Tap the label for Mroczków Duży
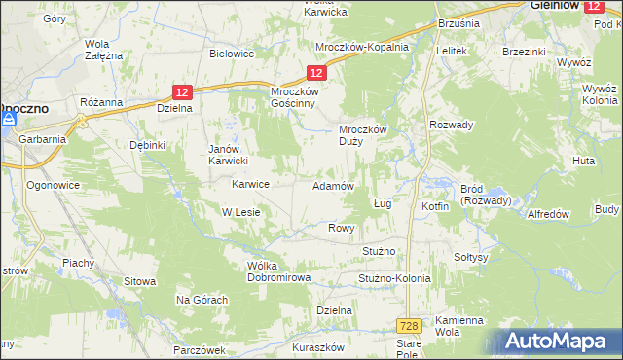pyautogui.click(x=363, y=136)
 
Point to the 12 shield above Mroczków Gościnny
pyautogui.click(x=316, y=73)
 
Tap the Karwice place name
pyautogui.click(x=250, y=183)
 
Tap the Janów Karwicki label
pyautogui.click(x=231, y=155)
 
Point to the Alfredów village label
pyautogui.click(x=547, y=214)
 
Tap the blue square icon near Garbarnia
pyautogui.click(x=9, y=119)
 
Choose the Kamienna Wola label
pyautogui.click(x=458, y=326)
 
